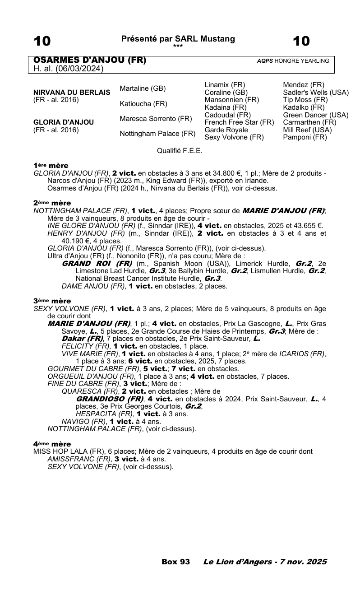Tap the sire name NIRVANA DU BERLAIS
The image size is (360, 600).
click(72, 93)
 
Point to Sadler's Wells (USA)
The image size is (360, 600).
click(316, 93)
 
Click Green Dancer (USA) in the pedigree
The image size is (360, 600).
click(316, 115)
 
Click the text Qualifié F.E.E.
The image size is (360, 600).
click(180, 151)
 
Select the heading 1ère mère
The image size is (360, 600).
click(51, 166)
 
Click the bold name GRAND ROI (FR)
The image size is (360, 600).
click(97, 263)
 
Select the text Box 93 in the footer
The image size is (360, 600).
click(175, 562)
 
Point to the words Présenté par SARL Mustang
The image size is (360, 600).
click(178, 39)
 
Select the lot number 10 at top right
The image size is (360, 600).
click(301, 42)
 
